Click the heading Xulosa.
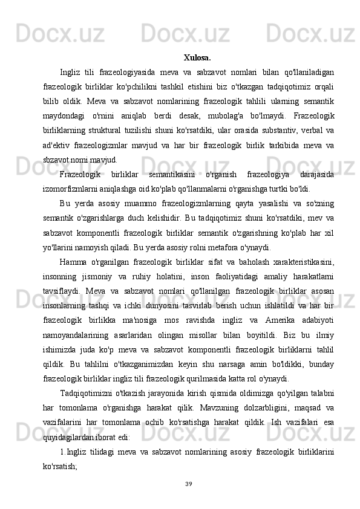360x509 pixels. tap(197, 59)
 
